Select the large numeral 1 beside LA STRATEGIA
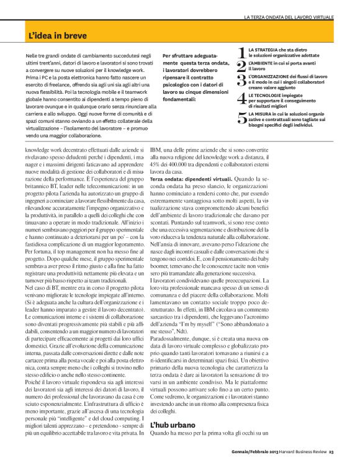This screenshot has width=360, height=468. (x=242, y=53)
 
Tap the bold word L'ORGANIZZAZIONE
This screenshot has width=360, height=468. (x=271, y=76)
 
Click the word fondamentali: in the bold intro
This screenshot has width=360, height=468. (x=182, y=99)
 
